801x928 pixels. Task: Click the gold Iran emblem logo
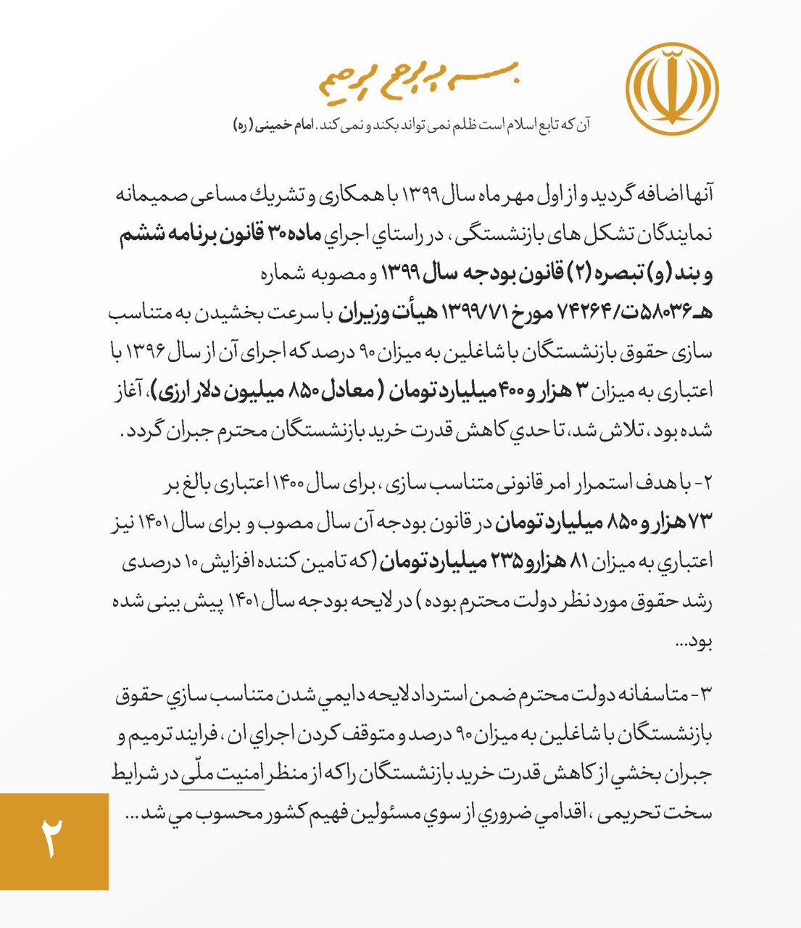click(x=672, y=89)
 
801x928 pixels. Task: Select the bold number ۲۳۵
click(x=503, y=560)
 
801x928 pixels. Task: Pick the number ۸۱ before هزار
click(x=599, y=560)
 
